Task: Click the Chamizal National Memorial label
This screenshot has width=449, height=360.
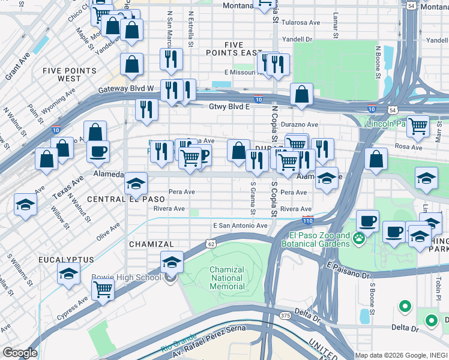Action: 227,278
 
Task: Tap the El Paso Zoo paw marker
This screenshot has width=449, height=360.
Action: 359,239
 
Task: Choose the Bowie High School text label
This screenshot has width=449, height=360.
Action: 126,277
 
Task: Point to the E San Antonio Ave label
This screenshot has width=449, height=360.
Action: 240,226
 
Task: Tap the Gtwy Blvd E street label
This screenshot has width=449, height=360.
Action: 229,106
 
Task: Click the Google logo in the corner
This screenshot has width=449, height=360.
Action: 19,353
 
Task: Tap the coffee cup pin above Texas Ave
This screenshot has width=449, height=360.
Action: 98,152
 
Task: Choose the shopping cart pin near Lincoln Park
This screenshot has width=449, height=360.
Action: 418,126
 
